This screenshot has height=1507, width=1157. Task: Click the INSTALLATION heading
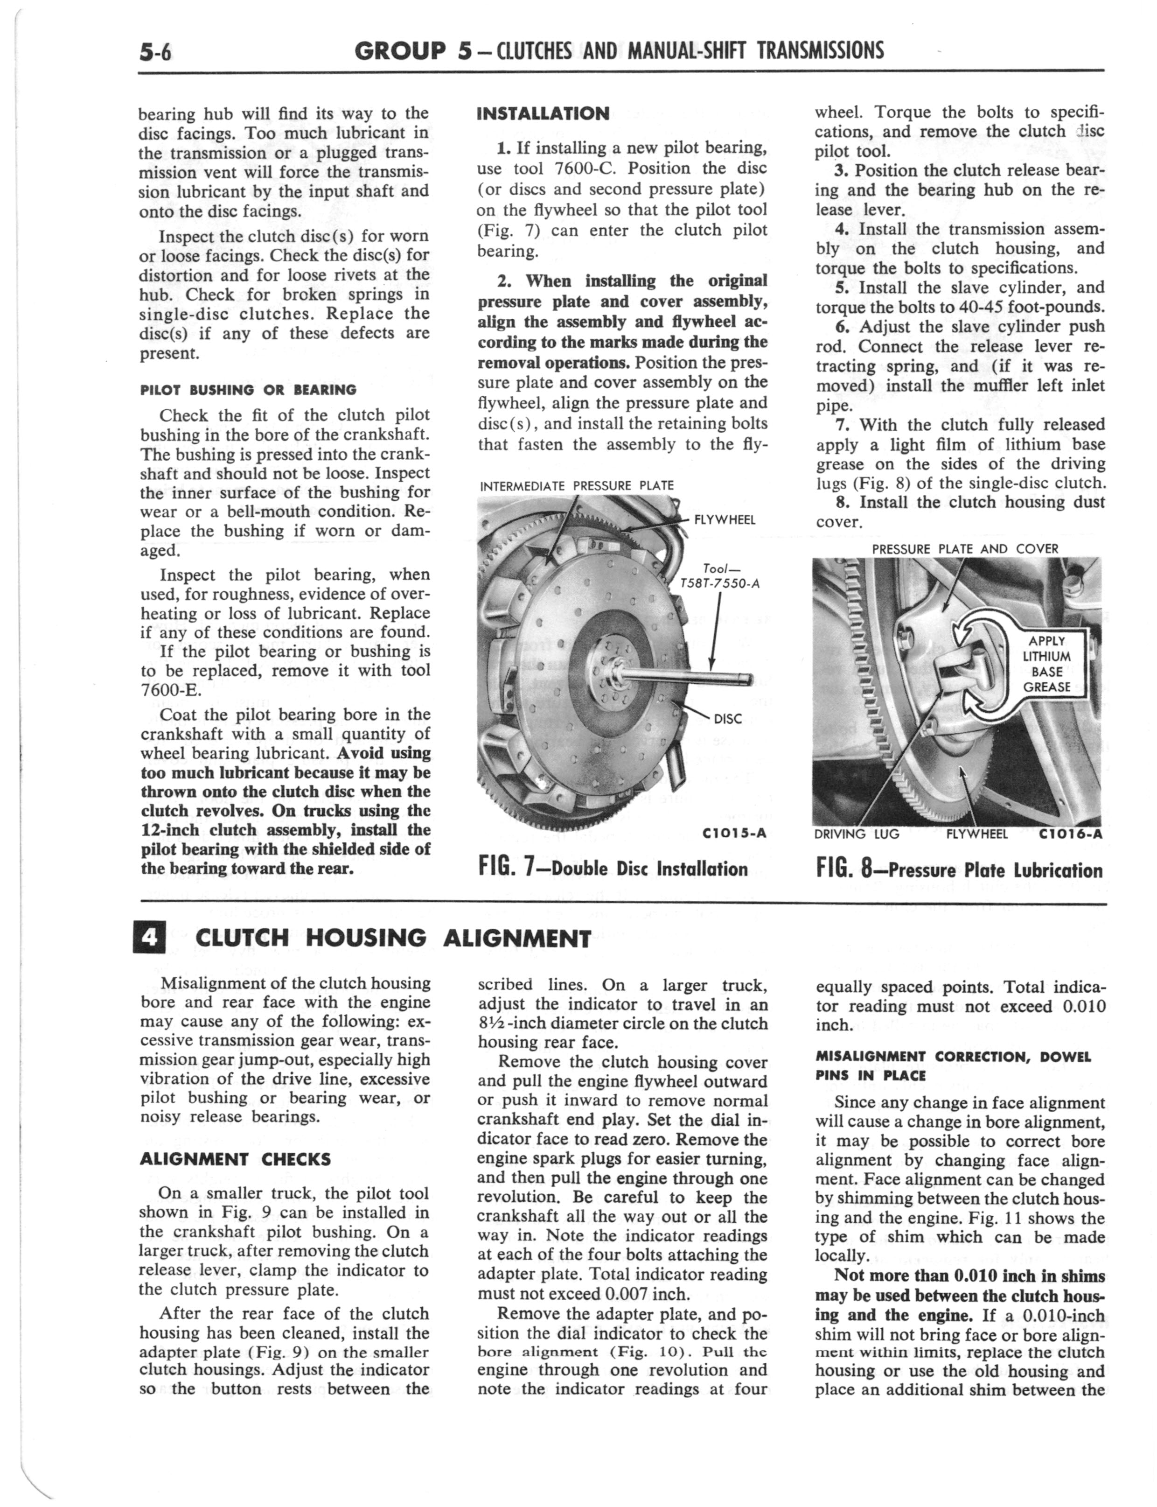pyautogui.click(x=544, y=114)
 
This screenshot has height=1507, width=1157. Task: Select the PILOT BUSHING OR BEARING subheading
pyautogui.click(x=248, y=390)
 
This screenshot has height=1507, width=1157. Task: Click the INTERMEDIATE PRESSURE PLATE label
pyautogui.click(x=577, y=485)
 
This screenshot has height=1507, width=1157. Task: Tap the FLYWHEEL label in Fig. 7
pyautogui.click(x=725, y=520)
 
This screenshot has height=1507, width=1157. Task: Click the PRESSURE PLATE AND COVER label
pyautogui.click(x=965, y=549)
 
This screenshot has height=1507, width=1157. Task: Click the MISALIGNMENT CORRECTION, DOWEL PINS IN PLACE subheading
pyautogui.click(x=953, y=1065)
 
